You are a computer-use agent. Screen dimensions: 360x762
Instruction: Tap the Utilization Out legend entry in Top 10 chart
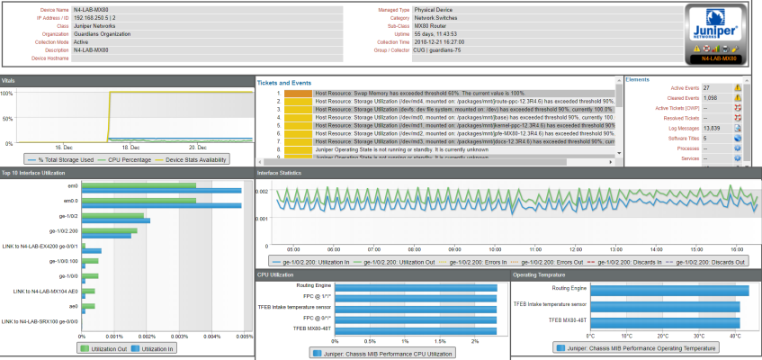pos(105,346)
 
